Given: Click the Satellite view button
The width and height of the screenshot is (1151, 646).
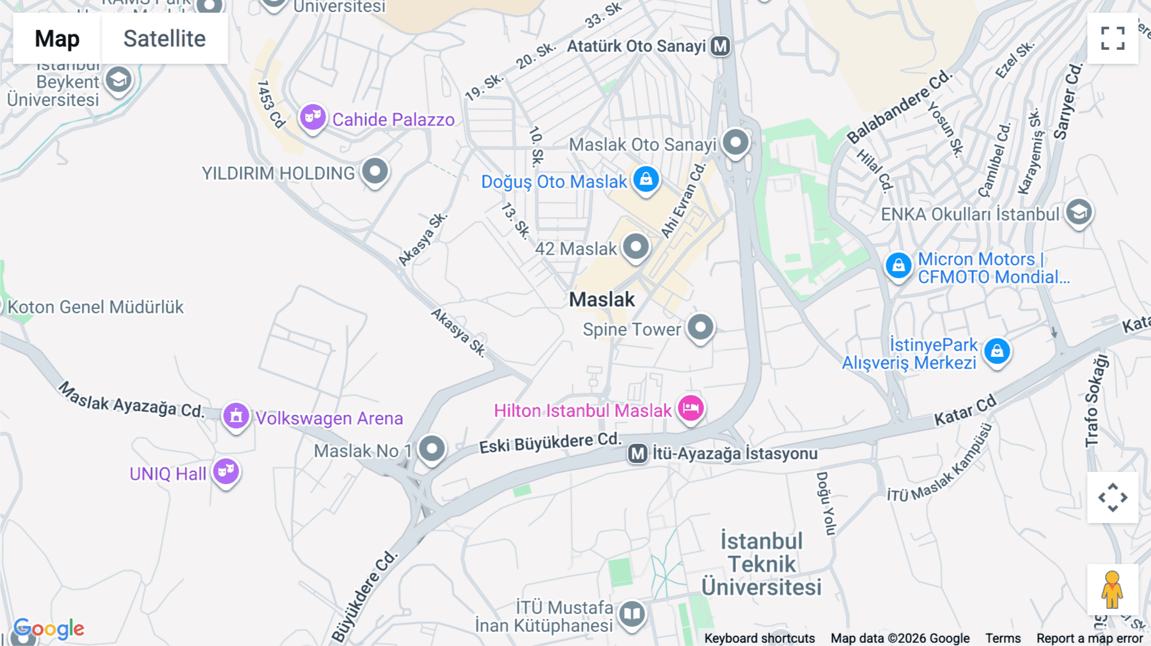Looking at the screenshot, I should [164, 38].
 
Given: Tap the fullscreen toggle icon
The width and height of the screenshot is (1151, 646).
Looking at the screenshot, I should [1113, 38].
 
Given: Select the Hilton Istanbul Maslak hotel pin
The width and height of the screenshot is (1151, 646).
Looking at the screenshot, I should [691, 407].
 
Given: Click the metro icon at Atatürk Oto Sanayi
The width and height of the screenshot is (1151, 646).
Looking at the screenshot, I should [721, 46].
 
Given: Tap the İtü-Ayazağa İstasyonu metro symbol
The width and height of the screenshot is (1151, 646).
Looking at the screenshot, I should [638, 453].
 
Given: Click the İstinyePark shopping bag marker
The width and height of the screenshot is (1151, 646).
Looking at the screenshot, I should [997, 351].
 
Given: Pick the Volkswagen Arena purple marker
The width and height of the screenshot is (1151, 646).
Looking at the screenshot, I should [236, 416].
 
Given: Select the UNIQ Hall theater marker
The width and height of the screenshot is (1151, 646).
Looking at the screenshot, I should [226, 471].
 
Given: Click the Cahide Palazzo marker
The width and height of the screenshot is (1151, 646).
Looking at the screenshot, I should [313, 117].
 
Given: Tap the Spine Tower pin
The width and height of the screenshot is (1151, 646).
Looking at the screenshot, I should [701, 327].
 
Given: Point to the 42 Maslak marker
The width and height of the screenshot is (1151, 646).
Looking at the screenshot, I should [636, 246].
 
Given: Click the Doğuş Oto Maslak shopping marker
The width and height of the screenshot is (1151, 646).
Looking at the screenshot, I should [646, 179].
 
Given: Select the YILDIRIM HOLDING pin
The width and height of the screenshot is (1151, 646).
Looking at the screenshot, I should [375, 171].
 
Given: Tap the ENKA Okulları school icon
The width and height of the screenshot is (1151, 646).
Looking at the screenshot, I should [1079, 212].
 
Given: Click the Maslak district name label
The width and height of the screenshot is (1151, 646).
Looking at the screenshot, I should [602, 299].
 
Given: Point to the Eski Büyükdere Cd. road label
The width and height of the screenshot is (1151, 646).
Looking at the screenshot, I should [550, 443].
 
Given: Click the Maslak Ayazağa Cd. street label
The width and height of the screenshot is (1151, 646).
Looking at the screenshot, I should [131, 400].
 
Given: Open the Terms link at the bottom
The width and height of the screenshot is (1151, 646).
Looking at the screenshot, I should [1003, 638].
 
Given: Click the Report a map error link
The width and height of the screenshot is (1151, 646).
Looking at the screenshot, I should [1090, 638].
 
